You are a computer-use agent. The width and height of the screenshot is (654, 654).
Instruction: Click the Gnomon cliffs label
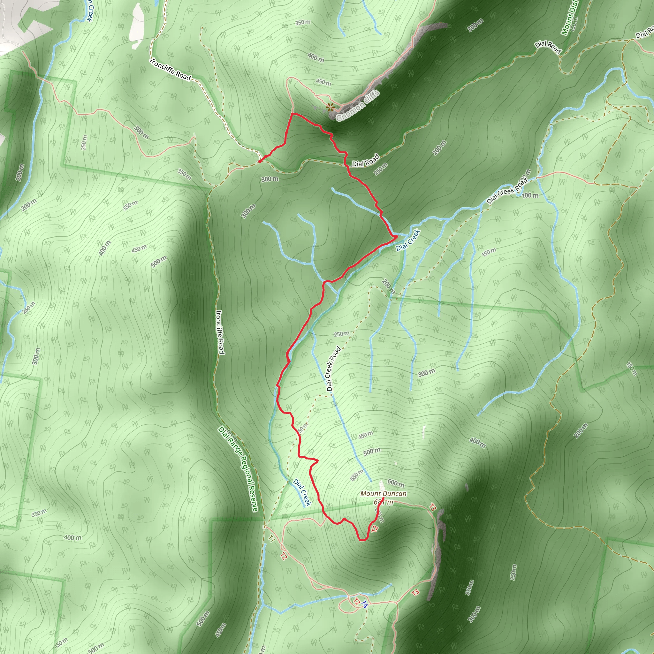[358, 106]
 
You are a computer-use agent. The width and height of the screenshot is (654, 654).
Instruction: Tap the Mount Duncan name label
[383, 494]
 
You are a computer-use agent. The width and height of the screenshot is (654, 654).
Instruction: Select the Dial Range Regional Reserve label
[238, 469]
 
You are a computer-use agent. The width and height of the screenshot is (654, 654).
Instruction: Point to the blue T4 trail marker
[364, 604]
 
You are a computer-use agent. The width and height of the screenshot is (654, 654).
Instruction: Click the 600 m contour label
[395, 483]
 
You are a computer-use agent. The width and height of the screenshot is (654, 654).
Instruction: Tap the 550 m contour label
[357, 475]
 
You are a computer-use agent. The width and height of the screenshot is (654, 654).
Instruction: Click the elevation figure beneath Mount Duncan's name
[384, 502]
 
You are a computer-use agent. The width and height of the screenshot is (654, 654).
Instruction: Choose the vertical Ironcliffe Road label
[220, 332]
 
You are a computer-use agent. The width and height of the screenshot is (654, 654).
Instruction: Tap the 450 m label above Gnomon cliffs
[323, 82]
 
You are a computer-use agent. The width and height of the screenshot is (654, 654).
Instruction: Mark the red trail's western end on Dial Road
[259, 162]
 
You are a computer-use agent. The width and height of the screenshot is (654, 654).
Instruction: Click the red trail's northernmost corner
[292, 113]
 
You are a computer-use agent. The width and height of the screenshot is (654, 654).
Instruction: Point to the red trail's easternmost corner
[397, 236]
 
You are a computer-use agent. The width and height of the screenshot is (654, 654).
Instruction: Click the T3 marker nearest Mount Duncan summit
[432, 507]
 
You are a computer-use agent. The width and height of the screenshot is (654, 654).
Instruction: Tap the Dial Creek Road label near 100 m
[507, 191]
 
